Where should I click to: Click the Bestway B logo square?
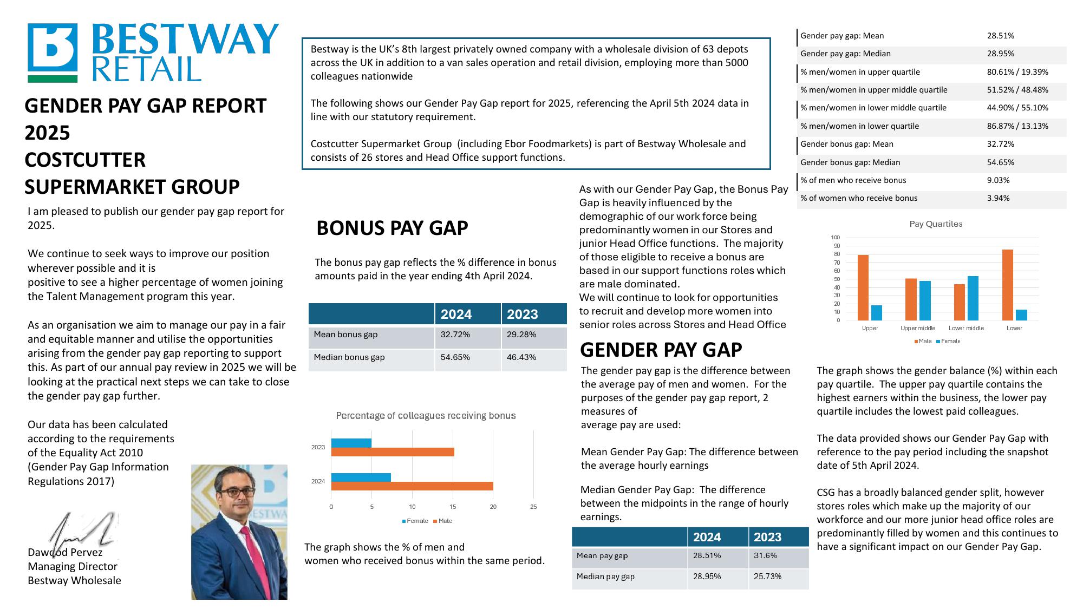53,49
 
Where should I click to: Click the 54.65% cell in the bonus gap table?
455,357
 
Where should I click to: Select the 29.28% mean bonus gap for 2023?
521,335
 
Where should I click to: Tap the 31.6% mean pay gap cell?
765,555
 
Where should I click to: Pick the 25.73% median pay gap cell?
767,577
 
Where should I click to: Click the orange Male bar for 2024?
412,486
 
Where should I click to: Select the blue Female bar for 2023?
351,443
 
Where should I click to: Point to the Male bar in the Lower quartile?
1007,285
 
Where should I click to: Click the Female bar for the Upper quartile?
876,313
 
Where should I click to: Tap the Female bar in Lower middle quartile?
973,298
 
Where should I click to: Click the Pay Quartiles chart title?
935,224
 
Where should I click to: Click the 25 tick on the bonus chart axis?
533,507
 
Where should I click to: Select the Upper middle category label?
917,328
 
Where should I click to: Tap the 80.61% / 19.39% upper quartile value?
1017,72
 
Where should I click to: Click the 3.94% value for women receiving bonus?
998,198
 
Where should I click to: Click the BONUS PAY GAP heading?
392,228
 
